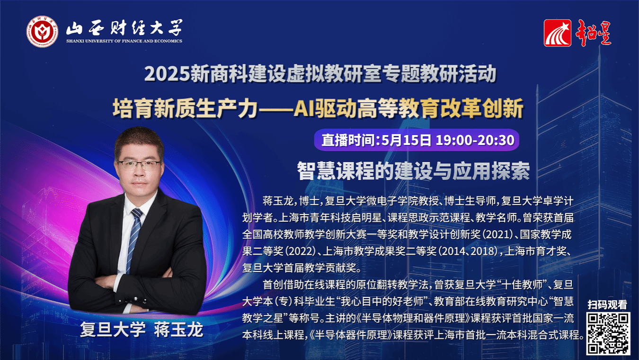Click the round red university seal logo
click(42, 31)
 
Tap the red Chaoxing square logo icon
click(558, 33)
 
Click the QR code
click(608, 333)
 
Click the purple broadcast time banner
click(417, 140)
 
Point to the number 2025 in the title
click(167, 74)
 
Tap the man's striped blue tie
click(133, 239)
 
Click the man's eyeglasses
click(139, 165)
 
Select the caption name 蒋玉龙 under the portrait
click(178, 330)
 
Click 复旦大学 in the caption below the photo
click(113, 330)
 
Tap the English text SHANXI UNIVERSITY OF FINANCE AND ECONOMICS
click(124, 41)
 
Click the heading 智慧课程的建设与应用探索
click(413, 171)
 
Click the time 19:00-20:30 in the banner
click(475, 140)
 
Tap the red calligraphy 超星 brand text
click(593, 33)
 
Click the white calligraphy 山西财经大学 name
click(124, 28)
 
